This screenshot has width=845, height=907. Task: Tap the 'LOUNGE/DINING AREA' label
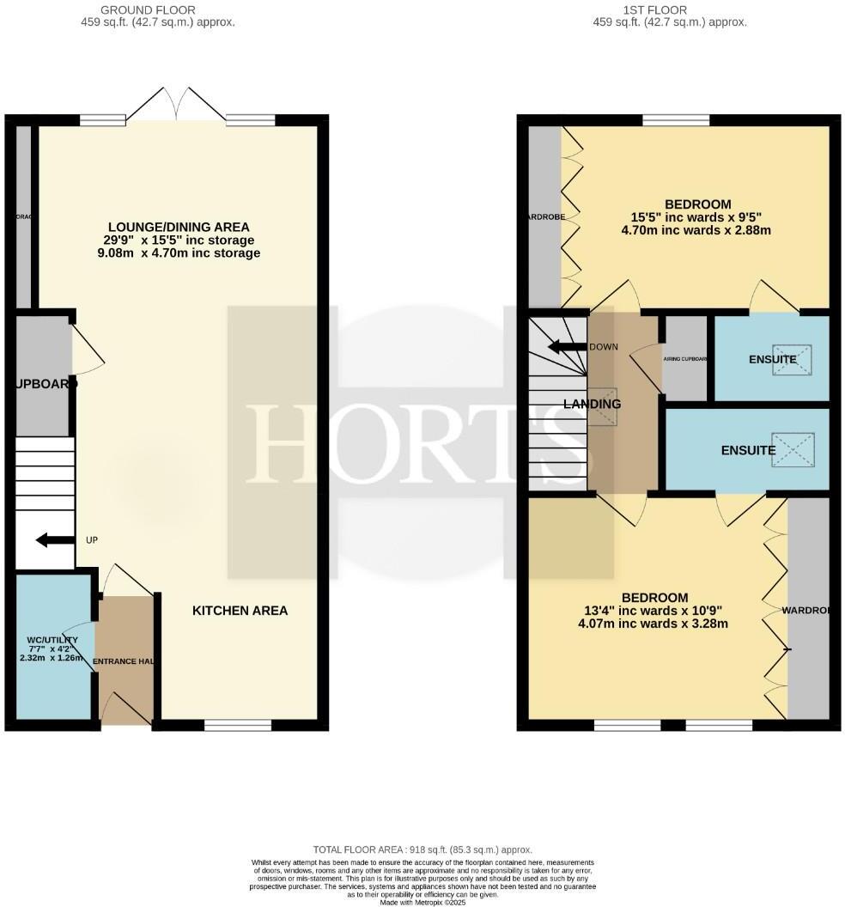click(x=179, y=227)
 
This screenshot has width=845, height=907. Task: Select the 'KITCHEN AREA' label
click(x=240, y=611)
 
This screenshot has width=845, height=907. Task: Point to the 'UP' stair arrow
click(x=54, y=540)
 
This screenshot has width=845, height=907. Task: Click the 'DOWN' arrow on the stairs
click(x=567, y=347)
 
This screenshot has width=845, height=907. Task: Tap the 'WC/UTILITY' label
click(x=52, y=640)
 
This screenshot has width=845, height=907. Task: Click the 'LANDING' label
click(x=592, y=404)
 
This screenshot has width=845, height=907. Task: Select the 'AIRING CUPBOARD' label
click(x=684, y=359)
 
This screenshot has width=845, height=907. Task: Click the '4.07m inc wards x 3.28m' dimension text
click(x=654, y=624)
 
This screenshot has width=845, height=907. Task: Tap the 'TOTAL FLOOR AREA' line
click(x=422, y=849)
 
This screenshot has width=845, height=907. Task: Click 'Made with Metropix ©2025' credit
click(x=422, y=902)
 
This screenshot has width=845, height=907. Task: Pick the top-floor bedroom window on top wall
click(x=676, y=120)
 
